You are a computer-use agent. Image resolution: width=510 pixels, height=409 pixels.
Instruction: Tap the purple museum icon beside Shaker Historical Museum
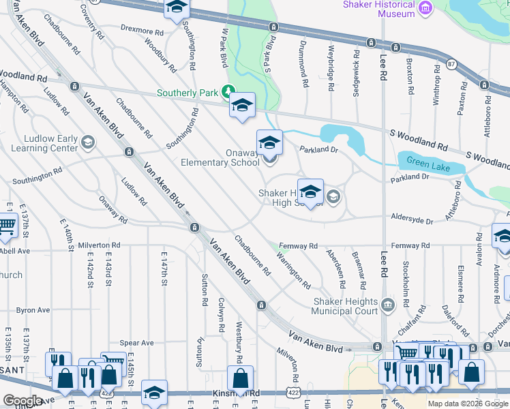click(x=426, y=7)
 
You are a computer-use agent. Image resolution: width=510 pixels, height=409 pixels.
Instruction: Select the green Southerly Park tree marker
click(x=230, y=92)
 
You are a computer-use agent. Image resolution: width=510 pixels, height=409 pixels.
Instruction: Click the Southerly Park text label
click(x=190, y=93)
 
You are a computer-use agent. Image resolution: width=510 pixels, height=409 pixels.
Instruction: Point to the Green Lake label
click(x=425, y=162)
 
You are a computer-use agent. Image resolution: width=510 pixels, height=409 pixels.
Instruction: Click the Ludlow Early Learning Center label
click(x=40, y=143)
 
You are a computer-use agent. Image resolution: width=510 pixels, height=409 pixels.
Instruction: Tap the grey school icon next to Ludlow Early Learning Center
click(x=87, y=142)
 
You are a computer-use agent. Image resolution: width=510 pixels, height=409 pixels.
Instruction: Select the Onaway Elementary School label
click(x=220, y=157)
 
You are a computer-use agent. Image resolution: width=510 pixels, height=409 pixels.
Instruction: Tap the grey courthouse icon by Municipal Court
click(x=388, y=303)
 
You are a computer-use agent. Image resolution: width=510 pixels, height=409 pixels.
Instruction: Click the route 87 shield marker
click(x=451, y=63)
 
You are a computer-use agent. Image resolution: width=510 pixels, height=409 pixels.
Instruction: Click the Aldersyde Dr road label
click(x=412, y=221)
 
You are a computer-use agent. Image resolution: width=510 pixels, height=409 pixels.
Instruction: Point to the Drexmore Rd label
click(x=142, y=31)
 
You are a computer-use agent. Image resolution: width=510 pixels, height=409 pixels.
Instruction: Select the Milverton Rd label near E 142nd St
click(x=99, y=245)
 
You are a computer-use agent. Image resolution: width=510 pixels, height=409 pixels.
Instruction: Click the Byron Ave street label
click(x=33, y=309)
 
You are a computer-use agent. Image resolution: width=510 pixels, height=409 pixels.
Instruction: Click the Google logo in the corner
click(x=23, y=401)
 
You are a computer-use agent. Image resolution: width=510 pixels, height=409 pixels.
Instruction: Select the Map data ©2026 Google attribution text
click(x=468, y=404)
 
